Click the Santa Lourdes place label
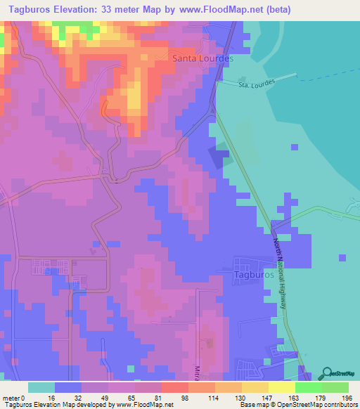click(202, 59)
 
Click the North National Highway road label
click(280, 273)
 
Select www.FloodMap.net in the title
click(219, 9)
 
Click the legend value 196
click(347, 396)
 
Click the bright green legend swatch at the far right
click(335, 387)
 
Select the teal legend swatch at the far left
click(41, 387)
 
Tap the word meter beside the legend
click(13, 396)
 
